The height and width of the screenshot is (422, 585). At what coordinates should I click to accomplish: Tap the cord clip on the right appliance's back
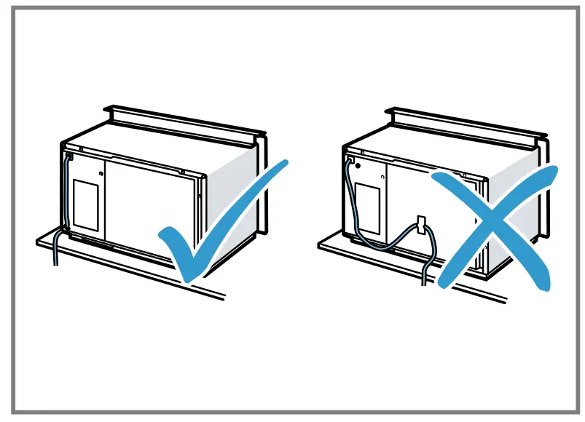pyautogui.click(x=420, y=223)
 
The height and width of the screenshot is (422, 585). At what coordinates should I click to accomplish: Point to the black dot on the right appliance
pyautogui.click(x=380, y=174)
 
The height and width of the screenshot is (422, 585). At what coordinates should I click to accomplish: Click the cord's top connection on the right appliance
pyautogui.click(x=350, y=156)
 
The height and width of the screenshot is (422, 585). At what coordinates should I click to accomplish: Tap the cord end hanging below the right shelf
pyautogui.click(x=423, y=275)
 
